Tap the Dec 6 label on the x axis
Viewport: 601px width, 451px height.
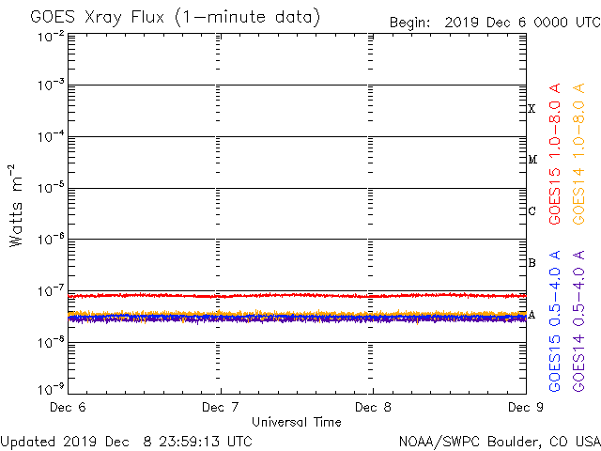pyautogui.click(x=68, y=408)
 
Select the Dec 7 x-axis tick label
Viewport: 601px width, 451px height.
pyautogui.click(x=221, y=408)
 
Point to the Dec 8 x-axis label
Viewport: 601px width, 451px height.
pyautogui.click(x=373, y=408)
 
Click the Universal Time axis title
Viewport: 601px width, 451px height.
pyautogui.click(x=297, y=422)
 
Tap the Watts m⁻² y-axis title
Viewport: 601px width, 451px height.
pyautogui.click(x=16, y=206)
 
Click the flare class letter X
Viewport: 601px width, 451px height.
pyautogui.click(x=532, y=109)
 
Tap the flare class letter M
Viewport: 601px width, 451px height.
pyautogui.click(x=532, y=160)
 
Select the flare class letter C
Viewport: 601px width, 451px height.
pyautogui.click(x=532, y=211)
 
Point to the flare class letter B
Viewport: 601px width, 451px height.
pyautogui.click(x=532, y=263)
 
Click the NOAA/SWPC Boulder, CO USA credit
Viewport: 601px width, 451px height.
pyautogui.click(x=498, y=441)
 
